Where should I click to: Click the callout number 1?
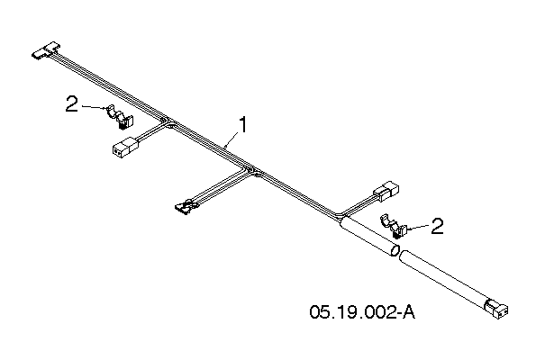point(243,125)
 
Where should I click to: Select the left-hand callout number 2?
point(71,103)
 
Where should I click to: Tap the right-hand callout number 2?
point(437,226)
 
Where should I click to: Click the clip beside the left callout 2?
point(121,117)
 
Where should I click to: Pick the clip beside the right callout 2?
point(394,226)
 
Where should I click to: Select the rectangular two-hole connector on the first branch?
point(125,146)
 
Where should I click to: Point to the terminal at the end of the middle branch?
point(186,207)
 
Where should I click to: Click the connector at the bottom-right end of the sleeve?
point(497,308)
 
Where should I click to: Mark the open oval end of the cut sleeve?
point(395,250)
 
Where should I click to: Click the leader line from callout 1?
point(232,140)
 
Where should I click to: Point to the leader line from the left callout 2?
point(94,107)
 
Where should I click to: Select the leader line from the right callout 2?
point(417,228)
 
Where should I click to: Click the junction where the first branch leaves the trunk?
point(166,121)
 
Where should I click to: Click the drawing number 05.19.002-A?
point(362,312)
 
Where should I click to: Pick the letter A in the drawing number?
point(409,312)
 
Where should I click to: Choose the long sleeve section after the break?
point(444,277)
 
